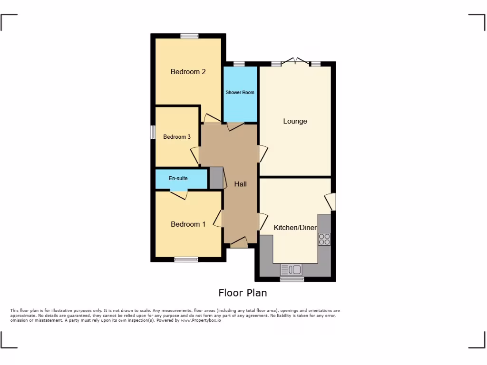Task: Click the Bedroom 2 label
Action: click(188, 72)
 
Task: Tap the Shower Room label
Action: click(240, 92)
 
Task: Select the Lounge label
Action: click(295, 121)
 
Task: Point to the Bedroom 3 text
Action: click(177, 137)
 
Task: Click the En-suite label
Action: click(178, 179)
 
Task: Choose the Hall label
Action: click(240, 184)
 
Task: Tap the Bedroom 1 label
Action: click(188, 224)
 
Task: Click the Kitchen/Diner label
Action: click(295, 228)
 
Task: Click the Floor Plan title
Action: click(243, 293)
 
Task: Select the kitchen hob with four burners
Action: click(325, 239)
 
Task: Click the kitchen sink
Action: click(291, 270)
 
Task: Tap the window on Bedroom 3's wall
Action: click(153, 132)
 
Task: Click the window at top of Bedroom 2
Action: click(189, 36)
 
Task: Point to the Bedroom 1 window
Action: click(186, 259)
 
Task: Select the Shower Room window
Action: click(239, 64)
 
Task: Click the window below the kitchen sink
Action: click(292, 279)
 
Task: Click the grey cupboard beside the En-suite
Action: click(216, 178)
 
